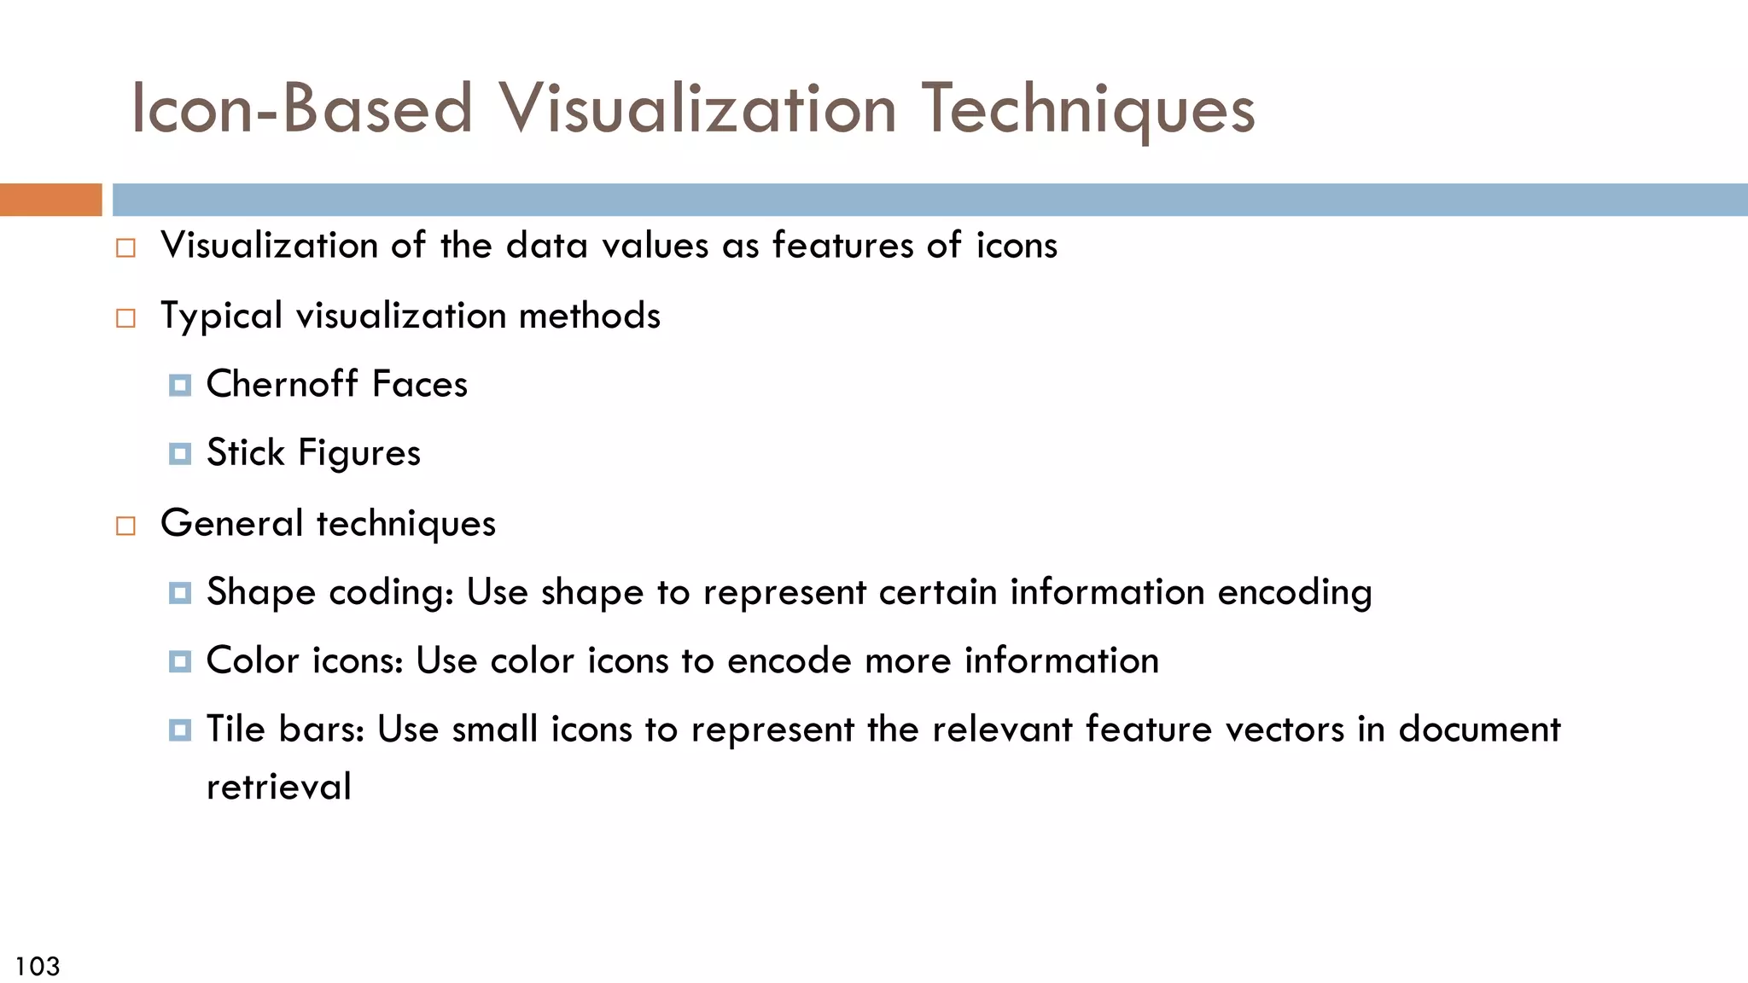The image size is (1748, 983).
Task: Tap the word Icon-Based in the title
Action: pyautogui.click(x=301, y=109)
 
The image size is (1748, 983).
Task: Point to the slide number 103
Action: pyautogui.click(x=38, y=966)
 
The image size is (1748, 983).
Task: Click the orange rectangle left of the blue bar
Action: pyautogui.click(x=50, y=200)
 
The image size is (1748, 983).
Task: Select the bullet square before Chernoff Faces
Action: pyautogui.click(x=179, y=386)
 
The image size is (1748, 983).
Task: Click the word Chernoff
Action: pyautogui.click(x=283, y=384)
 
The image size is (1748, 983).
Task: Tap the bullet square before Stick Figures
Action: pyautogui.click(x=179, y=454)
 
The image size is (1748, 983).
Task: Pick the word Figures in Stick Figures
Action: pyautogui.click(x=359, y=453)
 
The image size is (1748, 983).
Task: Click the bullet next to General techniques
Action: pyautogui.click(x=125, y=526)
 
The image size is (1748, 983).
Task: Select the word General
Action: pyautogui.click(x=231, y=523)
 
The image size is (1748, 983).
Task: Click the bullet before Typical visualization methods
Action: pyautogui.click(x=125, y=318)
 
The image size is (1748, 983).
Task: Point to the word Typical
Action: pyautogui.click(x=221, y=317)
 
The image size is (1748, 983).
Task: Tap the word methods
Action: pyautogui.click(x=589, y=316)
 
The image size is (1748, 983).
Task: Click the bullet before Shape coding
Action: pyautogui.click(x=179, y=593)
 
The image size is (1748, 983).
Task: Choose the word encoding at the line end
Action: pyautogui.click(x=1294, y=592)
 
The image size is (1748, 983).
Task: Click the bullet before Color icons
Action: pyautogui.click(x=179, y=661)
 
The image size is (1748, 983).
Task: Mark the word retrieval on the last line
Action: pyautogui.click(x=278, y=787)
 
